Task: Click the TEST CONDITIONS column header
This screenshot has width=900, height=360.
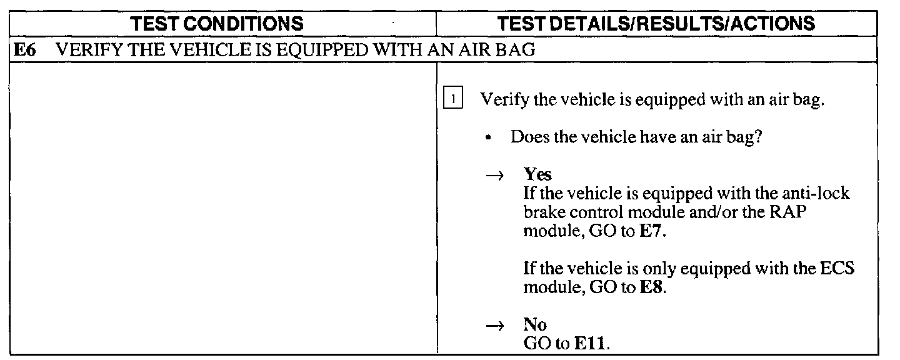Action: tap(223, 24)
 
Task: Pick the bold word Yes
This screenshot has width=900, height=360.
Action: tap(537, 175)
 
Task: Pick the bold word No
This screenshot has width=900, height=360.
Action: tap(535, 325)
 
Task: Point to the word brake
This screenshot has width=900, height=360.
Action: tap(542, 212)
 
